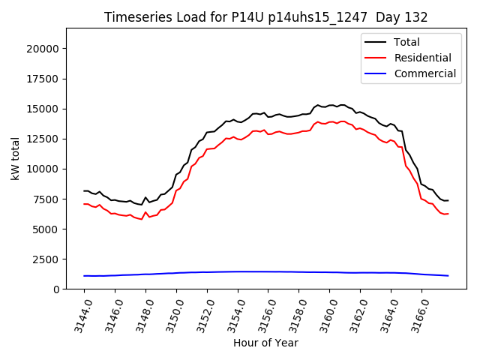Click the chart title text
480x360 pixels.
[266, 17]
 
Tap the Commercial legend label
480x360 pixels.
[424, 73]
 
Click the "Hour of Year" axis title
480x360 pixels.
[265, 343]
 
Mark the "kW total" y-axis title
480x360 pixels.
[15, 158]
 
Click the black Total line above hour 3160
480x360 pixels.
[330, 105]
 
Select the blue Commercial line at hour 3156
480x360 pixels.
[268, 271]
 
